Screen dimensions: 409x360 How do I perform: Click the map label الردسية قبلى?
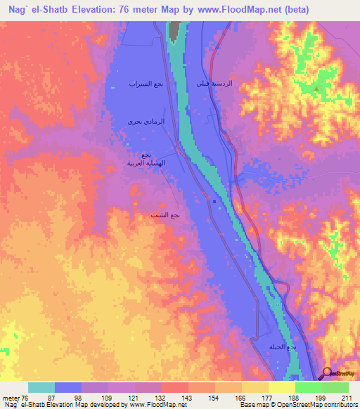coord(216,84)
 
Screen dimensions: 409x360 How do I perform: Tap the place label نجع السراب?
coord(142,84)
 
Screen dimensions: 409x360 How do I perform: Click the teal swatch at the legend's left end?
coord(41,387)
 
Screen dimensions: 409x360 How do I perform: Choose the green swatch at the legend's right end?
coord(335,387)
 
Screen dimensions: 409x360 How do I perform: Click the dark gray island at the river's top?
coord(174,30)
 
